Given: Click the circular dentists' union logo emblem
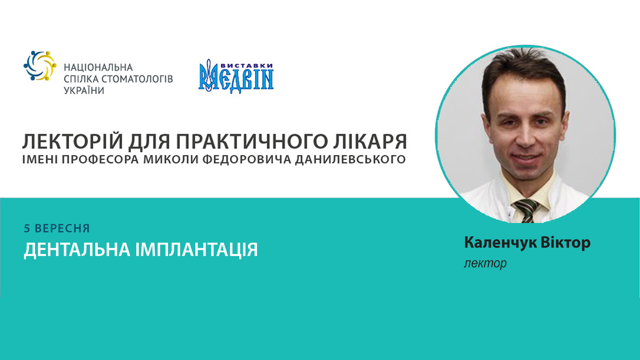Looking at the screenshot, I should (40, 66).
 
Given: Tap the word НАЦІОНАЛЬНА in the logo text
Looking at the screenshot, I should (98, 68).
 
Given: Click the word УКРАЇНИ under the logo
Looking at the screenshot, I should (84, 91).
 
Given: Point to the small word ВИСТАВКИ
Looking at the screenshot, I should (247, 66).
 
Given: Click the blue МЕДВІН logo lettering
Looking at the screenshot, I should (236, 80).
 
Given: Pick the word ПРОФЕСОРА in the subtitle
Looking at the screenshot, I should (100, 160).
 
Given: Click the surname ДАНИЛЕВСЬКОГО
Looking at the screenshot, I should (350, 160).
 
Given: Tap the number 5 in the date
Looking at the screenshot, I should (27, 229).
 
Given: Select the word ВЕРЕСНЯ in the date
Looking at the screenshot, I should (62, 229).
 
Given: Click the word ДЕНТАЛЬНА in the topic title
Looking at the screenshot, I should (77, 250).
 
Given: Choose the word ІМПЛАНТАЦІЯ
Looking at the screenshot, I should (197, 250).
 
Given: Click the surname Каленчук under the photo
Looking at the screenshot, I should (500, 243).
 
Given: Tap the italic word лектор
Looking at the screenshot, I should (485, 263).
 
